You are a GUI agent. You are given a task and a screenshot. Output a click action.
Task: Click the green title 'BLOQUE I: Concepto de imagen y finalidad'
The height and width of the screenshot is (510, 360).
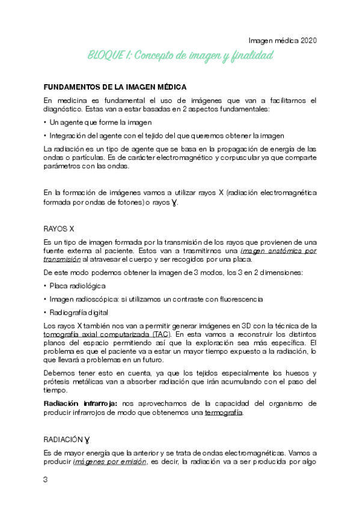tap(180, 56)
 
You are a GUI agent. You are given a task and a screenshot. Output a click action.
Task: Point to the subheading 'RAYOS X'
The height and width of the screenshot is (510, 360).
tap(59, 229)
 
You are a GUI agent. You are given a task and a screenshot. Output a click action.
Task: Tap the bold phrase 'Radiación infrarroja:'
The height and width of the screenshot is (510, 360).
tap(79, 402)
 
